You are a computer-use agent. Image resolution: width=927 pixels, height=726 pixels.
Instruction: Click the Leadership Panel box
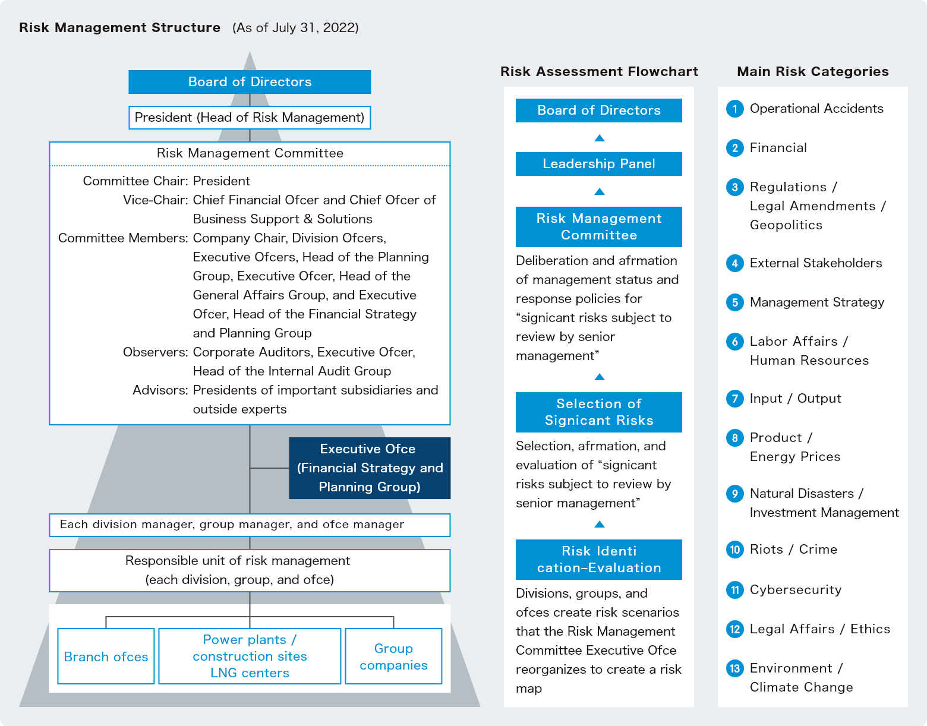pyautogui.click(x=598, y=164)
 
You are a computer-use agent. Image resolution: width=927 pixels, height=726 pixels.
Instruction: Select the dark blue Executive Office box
pyautogui.click(x=369, y=468)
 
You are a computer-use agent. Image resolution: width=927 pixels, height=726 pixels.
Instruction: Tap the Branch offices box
pyautogui.click(x=106, y=656)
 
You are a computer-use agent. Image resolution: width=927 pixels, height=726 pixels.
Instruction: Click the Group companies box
pyautogui.click(x=393, y=656)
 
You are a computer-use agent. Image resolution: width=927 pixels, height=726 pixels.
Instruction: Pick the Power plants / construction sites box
pyautogui.click(x=250, y=656)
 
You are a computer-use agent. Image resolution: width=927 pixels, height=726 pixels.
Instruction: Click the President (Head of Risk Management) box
pyautogui.click(x=250, y=118)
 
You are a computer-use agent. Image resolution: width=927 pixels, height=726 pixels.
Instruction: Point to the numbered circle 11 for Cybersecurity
pyautogui.click(x=735, y=590)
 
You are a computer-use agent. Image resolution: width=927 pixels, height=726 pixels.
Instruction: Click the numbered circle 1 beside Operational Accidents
pyautogui.click(x=735, y=109)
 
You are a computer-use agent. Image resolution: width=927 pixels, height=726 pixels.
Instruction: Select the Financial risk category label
pyautogui.click(x=778, y=148)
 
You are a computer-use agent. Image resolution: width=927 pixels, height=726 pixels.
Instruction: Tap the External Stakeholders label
pyautogui.click(x=815, y=263)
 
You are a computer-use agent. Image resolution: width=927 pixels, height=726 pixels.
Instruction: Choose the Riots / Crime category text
pyautogui.click(x=793, y=550)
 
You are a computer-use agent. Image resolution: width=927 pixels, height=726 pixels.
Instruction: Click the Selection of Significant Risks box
pyautogui.click(x=598, y=412)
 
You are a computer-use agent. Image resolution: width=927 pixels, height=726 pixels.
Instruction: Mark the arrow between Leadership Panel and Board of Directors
pyautogui.click(x=599, y=138)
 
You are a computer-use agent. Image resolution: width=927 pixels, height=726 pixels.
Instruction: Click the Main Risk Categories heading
pyautogui.click(x=812, y=72)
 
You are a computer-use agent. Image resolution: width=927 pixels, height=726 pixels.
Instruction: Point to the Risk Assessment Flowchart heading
pyautogui.click(x=599, y=72)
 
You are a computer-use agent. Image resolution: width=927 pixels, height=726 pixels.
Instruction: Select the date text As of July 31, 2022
pyautogui.click(x=295, y=28)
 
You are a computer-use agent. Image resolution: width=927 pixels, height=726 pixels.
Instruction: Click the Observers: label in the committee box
pyautogui.click(x=155, y=352)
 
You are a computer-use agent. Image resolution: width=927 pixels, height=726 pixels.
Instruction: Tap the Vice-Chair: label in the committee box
pyautogui.click(x=155, y=200)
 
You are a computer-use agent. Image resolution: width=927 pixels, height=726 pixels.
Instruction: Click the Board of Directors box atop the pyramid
pyautogui.click(x=250, y=82)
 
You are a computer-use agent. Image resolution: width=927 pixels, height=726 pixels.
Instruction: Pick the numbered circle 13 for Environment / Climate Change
pyautogui.click(x=735, y=668)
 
